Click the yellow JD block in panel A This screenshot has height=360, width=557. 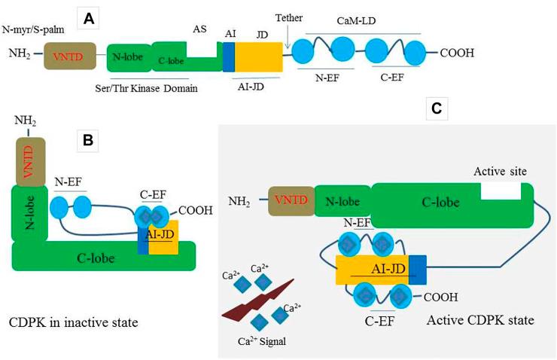coord(258,57)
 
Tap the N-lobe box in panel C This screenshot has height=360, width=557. coord(342,202)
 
